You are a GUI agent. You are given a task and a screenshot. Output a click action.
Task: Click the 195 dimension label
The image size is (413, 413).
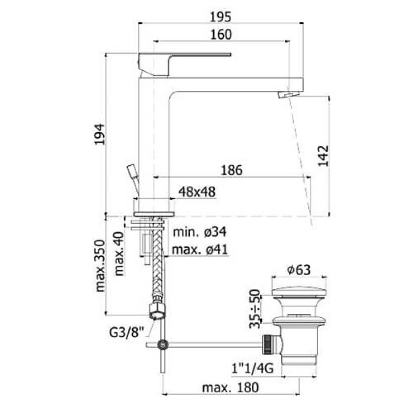click(220, 17)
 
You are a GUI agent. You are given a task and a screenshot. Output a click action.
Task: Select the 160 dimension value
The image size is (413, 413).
click(221, 35)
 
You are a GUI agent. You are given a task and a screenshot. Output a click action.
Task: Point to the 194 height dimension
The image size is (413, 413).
click(100, 134)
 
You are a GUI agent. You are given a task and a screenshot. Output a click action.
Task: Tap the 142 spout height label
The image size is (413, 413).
click(324, 156)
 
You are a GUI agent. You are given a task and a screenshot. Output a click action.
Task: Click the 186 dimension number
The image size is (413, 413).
click(231, 170)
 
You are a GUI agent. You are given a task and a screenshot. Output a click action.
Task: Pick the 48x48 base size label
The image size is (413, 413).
click(197, 192)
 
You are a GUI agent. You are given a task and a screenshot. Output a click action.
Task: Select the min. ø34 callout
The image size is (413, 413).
click(199, 232)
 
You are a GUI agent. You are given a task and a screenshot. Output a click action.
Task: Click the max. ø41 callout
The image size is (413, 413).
click(200, 249)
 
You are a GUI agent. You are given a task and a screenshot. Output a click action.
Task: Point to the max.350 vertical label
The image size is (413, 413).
click(100, 265)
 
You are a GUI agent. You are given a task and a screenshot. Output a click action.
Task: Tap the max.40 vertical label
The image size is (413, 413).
click(119, 253)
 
